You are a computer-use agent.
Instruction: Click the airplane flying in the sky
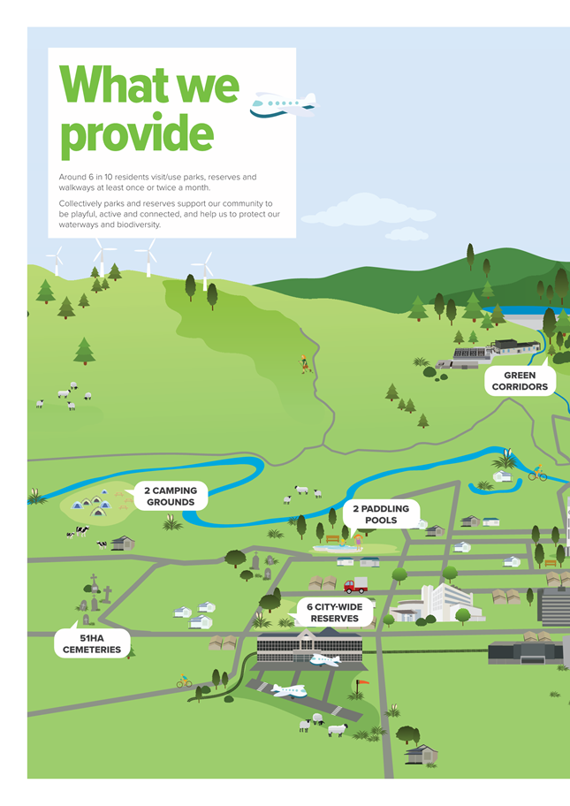click(284, 105)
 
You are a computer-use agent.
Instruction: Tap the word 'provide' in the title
click(137, 134)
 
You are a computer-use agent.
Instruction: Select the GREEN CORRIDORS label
click(520, 381)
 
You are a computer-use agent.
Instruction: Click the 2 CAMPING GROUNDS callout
click(171, 496)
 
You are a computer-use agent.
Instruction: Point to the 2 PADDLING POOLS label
click(381, 514)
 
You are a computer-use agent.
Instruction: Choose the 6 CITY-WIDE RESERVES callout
click(335, 612)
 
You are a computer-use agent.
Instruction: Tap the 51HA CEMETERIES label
click(92, 643)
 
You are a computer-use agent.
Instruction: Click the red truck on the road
click(355, 585)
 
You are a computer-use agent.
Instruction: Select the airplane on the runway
click(288, 690)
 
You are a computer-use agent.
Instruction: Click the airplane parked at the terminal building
click(325, 660)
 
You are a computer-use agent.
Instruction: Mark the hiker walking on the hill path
click(304, 364)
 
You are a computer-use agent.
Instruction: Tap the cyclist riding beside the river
click(537, 473)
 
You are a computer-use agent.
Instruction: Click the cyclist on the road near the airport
click(184, 681)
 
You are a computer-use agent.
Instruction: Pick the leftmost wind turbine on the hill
click(56, 260)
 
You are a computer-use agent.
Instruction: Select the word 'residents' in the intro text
click(131, 177)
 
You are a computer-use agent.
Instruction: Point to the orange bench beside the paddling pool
click(332, 539)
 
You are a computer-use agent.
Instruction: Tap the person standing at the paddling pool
click(358, 542)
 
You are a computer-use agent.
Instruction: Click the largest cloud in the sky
click(368, 210)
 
